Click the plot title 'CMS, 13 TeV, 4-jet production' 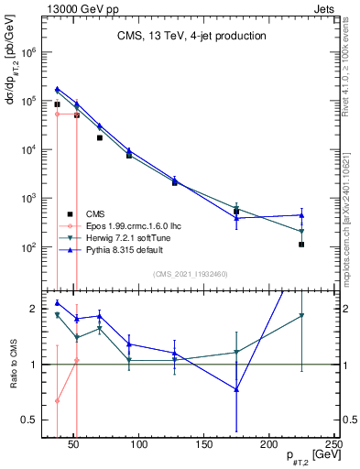pyautogui.click(x=191, y=37)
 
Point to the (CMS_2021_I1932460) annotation pyautogui.click(x=191, y=273)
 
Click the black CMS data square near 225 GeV pyautogui.click(x=301, y=245)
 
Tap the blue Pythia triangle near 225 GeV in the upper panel pyautogui.click(x=301, y=215)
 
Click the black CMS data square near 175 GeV pyautogui.click(x=236, y=212)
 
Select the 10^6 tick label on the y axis pyautogui.click(x=29, y=52)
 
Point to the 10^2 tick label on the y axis pyautogui.click(x=29, y=247)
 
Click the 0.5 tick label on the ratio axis pyautogui.click(x=28, y=420)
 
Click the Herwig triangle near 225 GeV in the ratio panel pyautogui.click(x=301, y=316)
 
